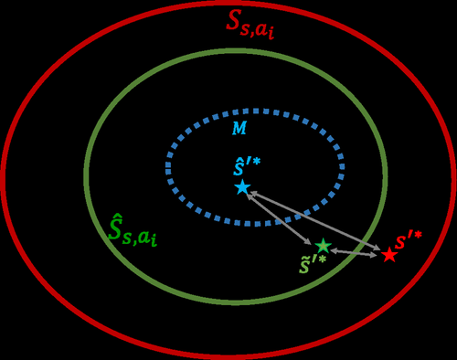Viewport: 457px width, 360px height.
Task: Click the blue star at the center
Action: click(x=242, y=187)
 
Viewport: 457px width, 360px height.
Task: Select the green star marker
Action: click(x=322, y=246)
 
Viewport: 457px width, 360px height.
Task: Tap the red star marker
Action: click(x=389, y=255)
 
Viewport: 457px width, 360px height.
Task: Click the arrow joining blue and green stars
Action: click(x=282, y=217)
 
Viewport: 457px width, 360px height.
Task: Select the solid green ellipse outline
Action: click(x=85, y=174)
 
